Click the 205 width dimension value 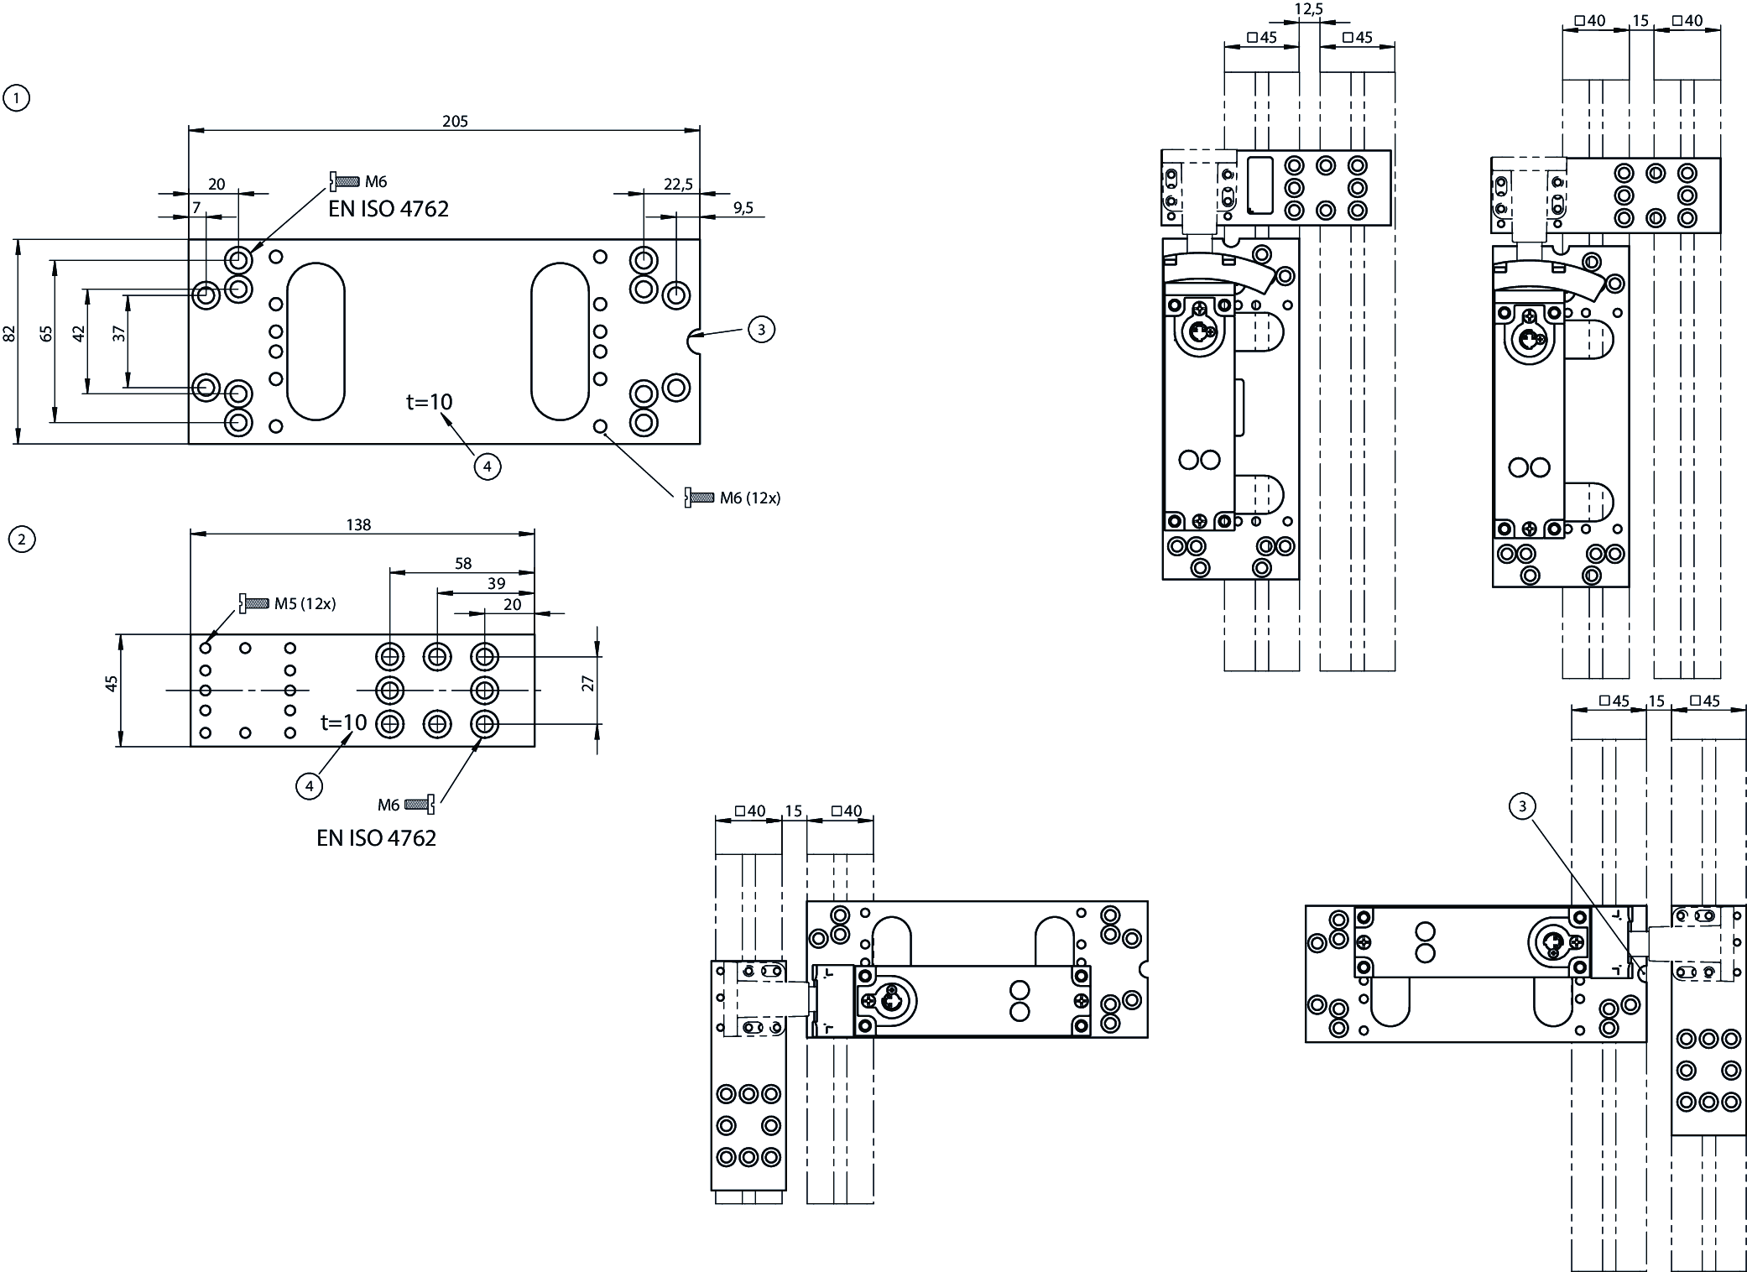pyautogui.click(x=455, y=122)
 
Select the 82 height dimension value pyautogui.click(x=10, y=333)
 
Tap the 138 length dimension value pyautogui.click(x=358, y=525)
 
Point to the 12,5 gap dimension pyautogui.click(x=1309, y=9)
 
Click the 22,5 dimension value pyautogui.click(x=678, y=185)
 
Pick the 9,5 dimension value pyautogui.click(x=743, y=208)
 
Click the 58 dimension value pyautogui.click(x=463, y=564)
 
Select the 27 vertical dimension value pyautogui.click(x=588, y=684)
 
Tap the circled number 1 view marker pyautogui.click(x=17, y=98)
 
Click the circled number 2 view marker pyautogui.click(x=21, y=539)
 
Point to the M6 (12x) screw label pyautogui.click(x=749, y=498)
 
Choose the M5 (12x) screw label pyautogui.click(x=305, y=603)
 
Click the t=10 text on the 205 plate pyautogui.click(x=429, y=402)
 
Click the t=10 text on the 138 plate pyautogui.click(x=344, y=722)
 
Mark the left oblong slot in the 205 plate pyautogui.click(x=316, y=341)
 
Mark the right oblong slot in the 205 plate pyautogui.click(x=560, y=341)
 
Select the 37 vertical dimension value pyautogui.click(x=119, y=333)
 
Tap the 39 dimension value pyautogui.click(x=497, y=584)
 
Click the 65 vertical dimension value pyautogui.click(x=47, y=333)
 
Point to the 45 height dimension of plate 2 pyautogui.click(x=111, y=684)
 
